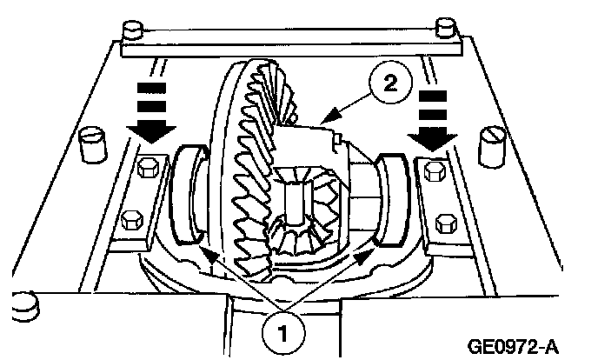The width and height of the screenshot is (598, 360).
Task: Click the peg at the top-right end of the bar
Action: (x=448, y=27)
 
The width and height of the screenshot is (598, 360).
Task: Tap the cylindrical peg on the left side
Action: (x=90, y=145)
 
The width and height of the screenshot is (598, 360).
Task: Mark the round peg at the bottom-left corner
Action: (x=26, y=304)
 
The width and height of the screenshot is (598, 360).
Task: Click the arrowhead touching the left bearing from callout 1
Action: (x=204, y=250)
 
